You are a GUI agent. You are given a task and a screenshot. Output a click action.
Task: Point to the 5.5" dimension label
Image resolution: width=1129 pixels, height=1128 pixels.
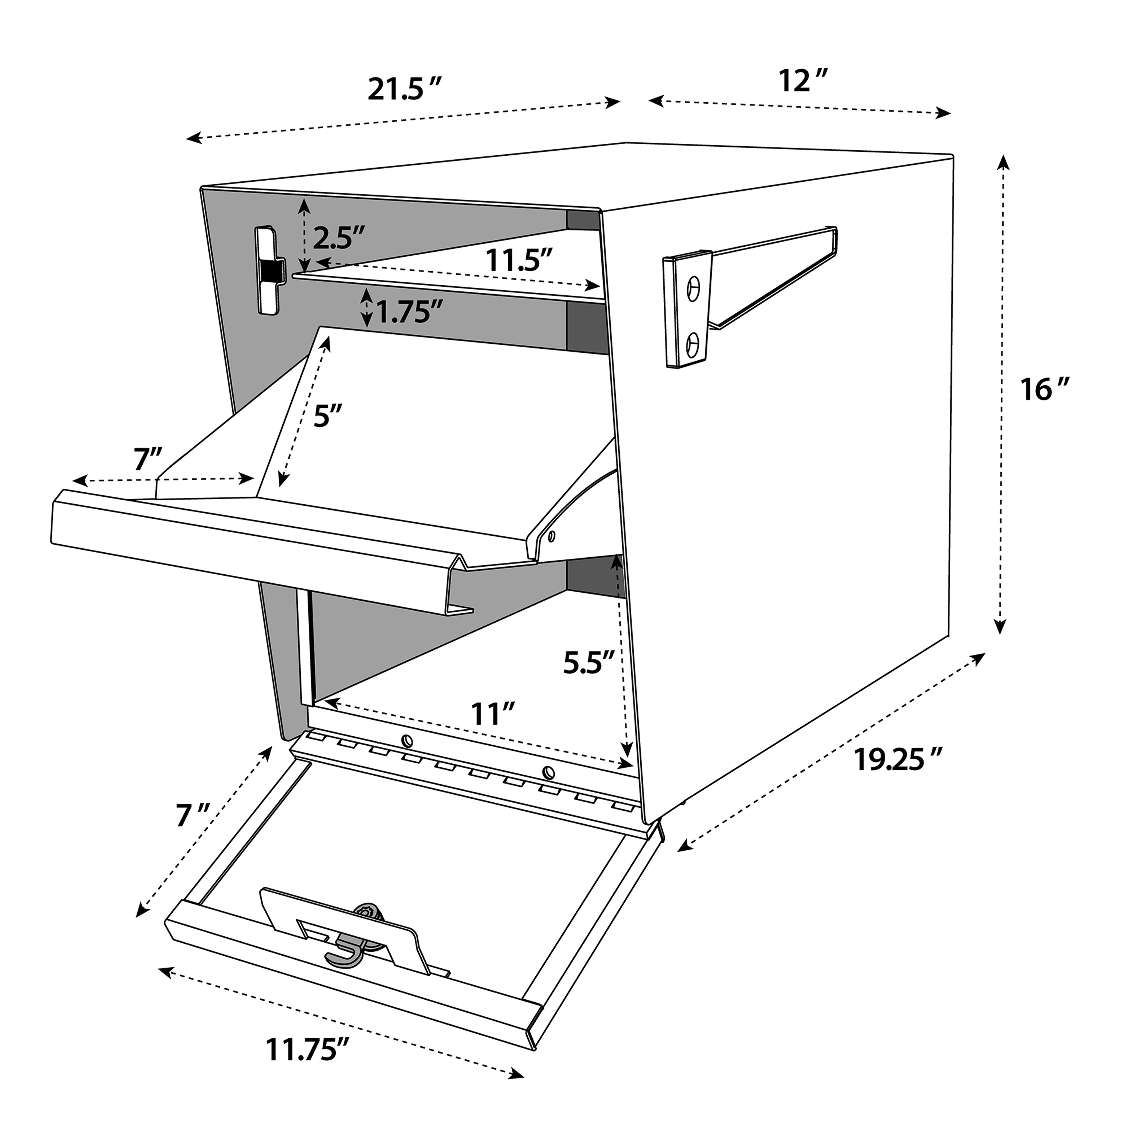(x=589, y=662)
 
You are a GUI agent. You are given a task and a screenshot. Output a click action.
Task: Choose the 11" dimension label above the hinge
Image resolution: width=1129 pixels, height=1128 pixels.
(x=494, y=714)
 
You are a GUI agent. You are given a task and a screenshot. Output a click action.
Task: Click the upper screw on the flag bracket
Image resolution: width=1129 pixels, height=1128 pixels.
(x=693, y=289)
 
